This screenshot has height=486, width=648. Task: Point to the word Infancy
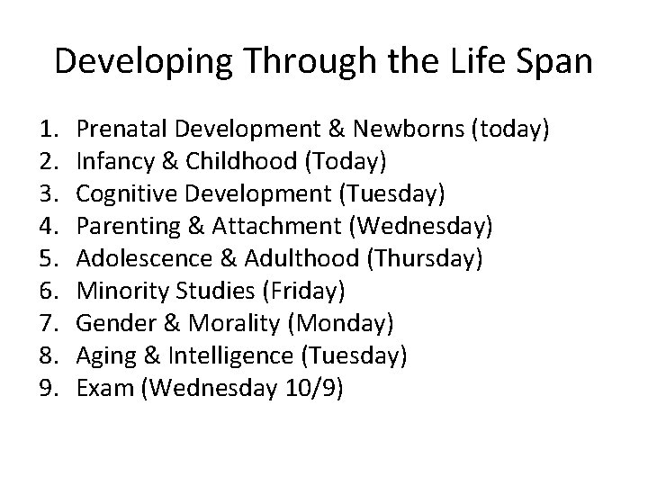pyautogui.click(x=110, y=162)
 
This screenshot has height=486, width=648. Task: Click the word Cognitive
pyautogui.click(x=117, y=194)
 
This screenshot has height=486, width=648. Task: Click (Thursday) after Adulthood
pyautogui.click(x=425, y=259)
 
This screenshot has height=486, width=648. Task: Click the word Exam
pyautogui.click(x=101, y=389)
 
